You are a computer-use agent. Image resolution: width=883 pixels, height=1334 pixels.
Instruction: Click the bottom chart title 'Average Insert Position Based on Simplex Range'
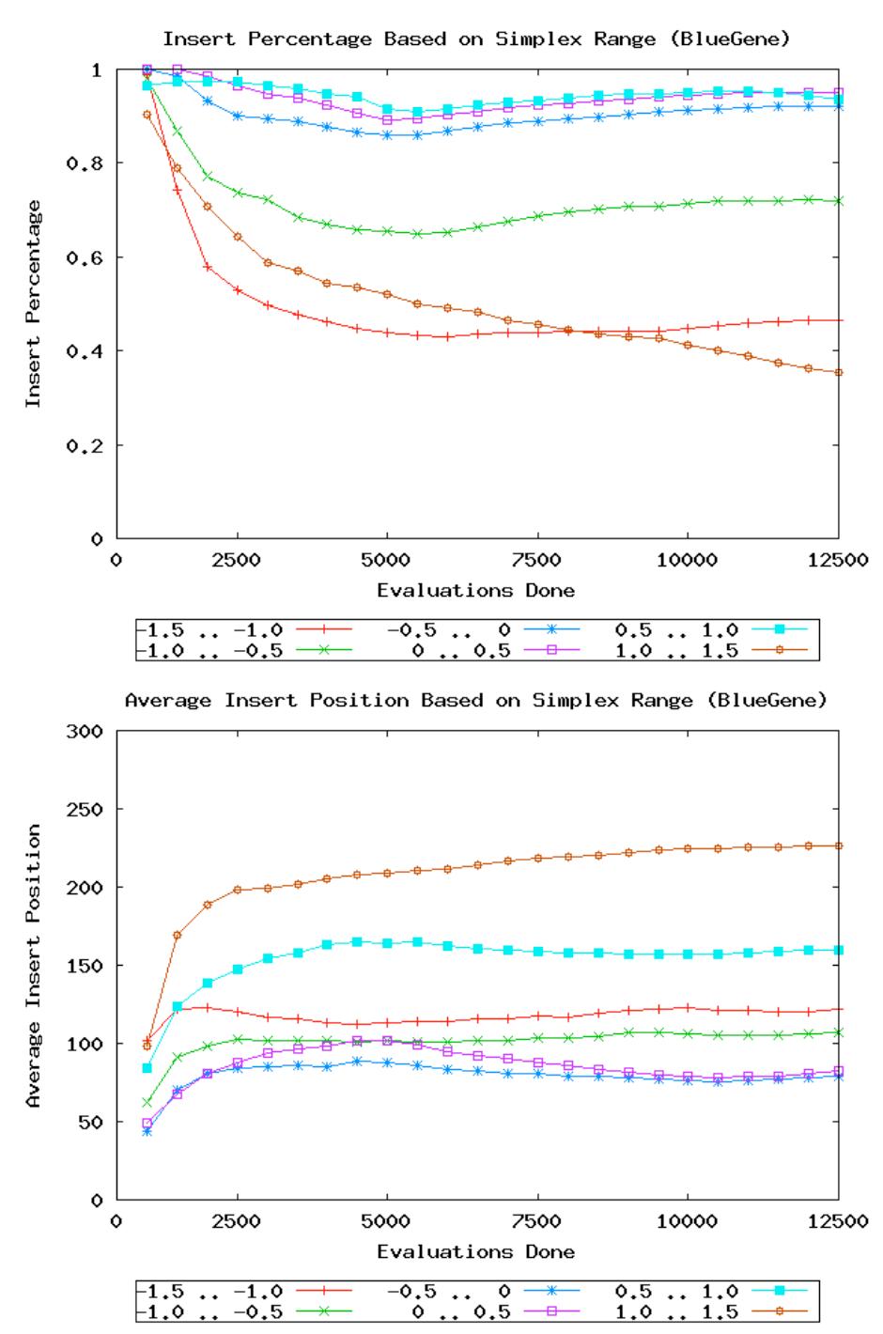pyautogui.click(x=475, y=700)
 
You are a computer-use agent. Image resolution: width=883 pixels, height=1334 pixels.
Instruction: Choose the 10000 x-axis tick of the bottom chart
pyautogui.click(x=687, y=1222)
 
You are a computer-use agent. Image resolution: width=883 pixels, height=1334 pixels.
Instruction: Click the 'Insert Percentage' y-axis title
pyautogui.click(x=34, y=303)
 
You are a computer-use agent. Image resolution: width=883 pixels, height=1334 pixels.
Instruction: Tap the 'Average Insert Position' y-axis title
pyautogui.click(x=34, y=966)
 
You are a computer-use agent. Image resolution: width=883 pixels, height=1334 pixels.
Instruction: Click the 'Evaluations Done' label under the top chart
pyautogui.click(x=475, y=591)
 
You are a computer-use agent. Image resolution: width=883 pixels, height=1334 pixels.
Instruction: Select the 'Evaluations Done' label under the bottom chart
pyautogui.click(x=475, y=1251)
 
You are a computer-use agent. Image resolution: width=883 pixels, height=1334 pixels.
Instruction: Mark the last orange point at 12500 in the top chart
pyautogui.click(x=839, y=373)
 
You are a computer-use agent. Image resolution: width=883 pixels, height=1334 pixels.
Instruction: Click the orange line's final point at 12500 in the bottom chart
pyautogui.click(x=839, y=846)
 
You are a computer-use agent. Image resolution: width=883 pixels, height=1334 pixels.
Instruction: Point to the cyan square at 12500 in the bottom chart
pyautogui.click(x=839, y=950)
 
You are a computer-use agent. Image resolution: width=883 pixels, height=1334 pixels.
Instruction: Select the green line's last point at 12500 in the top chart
pyautogui.click(x=839, y=201)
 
